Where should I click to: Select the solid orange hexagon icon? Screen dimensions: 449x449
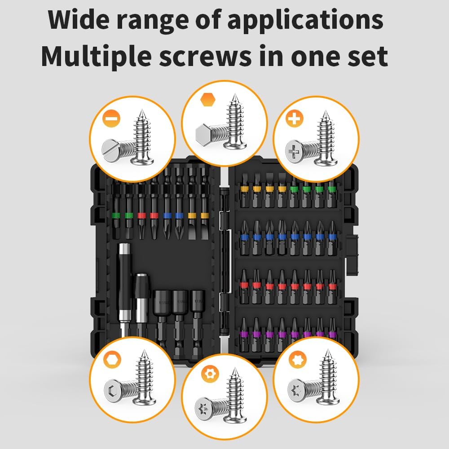click(x=207, y=99)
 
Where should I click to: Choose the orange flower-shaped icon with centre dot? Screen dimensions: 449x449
click(x=207, y=374)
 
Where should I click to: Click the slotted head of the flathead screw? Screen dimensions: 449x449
click(x=110, y=149)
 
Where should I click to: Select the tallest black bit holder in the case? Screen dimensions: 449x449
click(x=124, y=287)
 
